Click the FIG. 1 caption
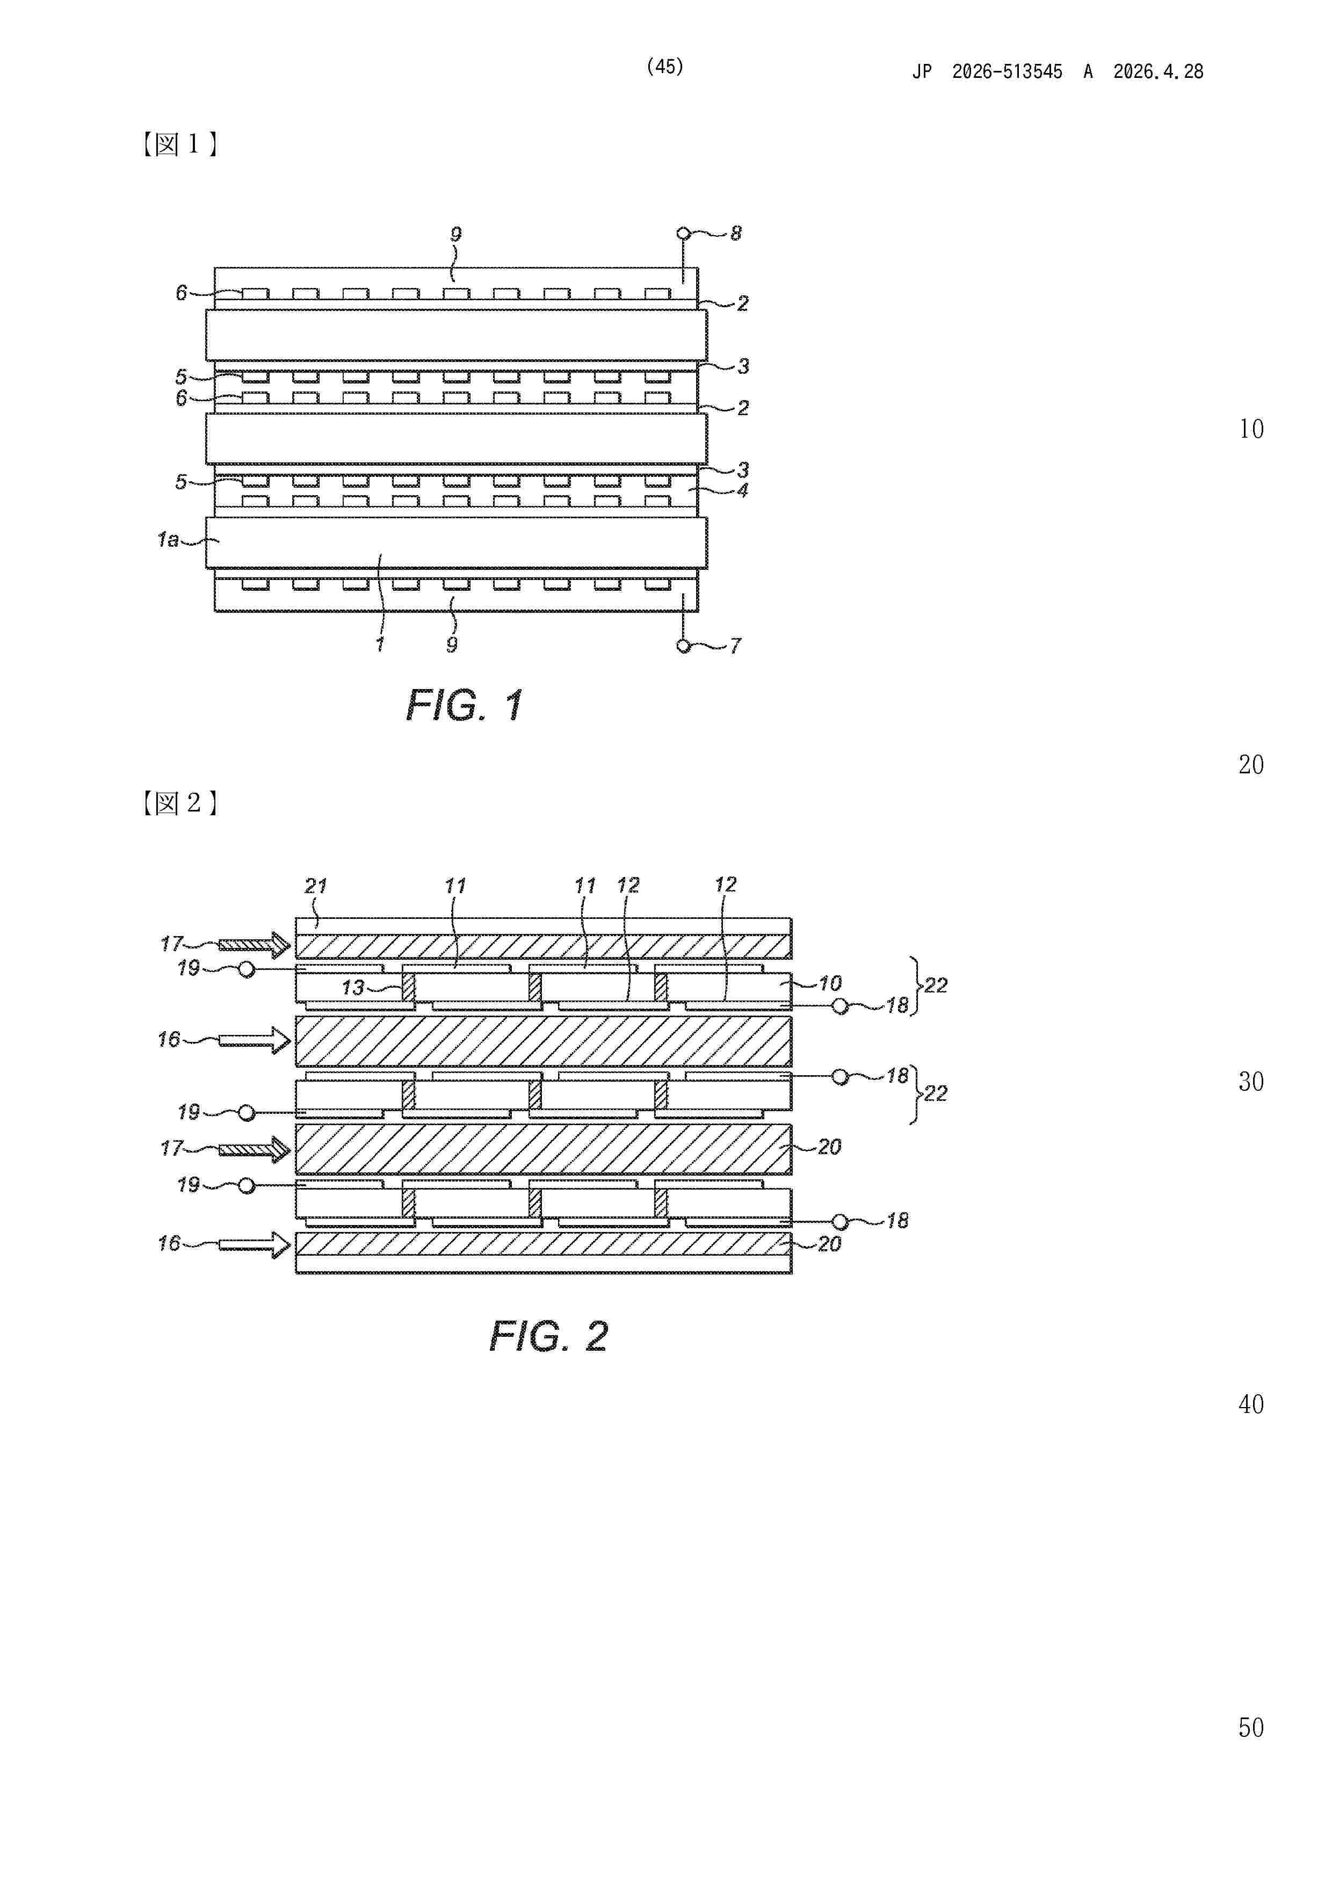coord(465,705)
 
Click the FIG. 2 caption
coord(548,1337)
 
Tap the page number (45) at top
coord(665,67)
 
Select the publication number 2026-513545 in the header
coord(1007,71)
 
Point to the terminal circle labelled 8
coord(683,234)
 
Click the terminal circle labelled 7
coord(683,646)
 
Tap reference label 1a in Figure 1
coord(168,539)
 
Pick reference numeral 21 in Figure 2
coord(316,886)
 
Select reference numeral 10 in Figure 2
coord(830,983)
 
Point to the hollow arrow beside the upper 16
coord(255,1041)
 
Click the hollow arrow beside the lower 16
coord(255,1245)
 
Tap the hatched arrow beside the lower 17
coord(255,1150)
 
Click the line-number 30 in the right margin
coord(1251,1082)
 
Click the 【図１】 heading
coord(179,144)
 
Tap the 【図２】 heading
coord(179,802)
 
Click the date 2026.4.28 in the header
coord(1158,71)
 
